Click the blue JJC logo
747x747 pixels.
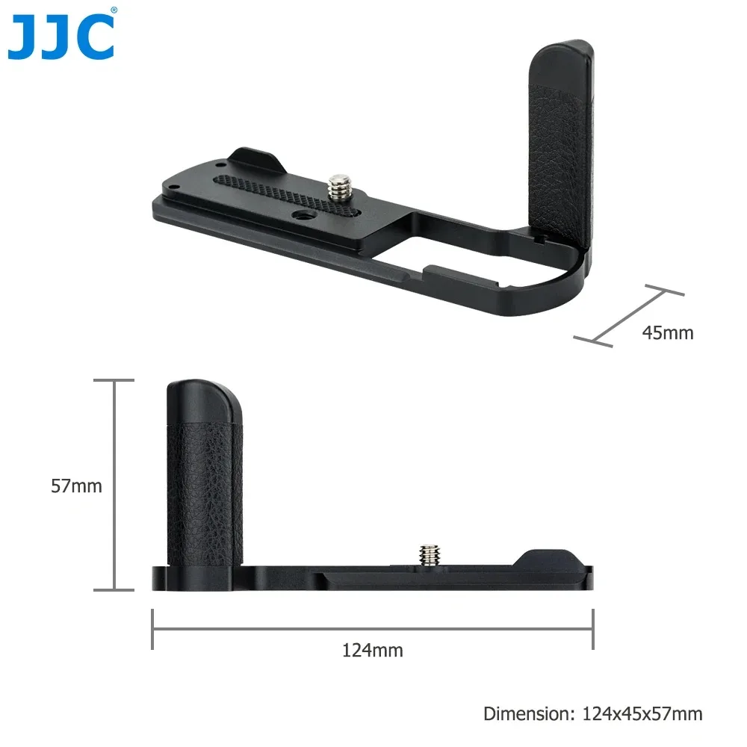tap(62, 37)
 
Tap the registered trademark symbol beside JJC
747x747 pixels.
tap(113, 11)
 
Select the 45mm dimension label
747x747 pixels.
tap(667, 332)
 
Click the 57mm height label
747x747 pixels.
tap(76, 486)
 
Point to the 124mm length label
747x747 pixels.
tap(372, 650)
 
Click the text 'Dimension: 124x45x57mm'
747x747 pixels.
tap(592, 713)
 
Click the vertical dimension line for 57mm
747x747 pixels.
tap(114, 485)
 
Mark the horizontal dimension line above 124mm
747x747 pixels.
tap(372, 629)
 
